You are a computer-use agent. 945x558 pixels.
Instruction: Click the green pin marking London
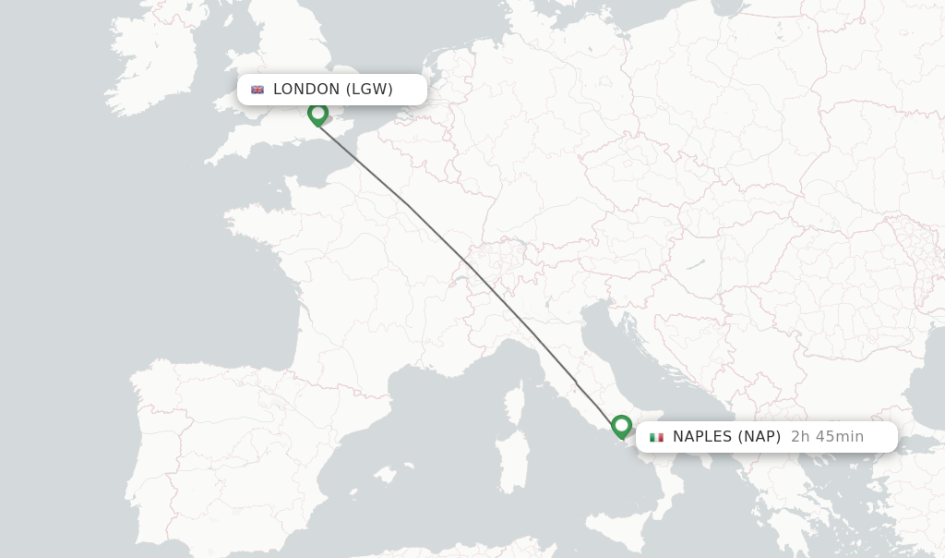[317, 114]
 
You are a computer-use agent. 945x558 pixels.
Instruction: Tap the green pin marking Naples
[621, 426]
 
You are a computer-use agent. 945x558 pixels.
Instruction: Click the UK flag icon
[257, 90]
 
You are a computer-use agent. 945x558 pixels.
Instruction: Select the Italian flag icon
[656, 437]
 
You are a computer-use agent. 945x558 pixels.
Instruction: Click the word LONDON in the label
[306, 90]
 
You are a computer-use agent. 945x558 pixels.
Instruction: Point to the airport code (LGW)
[369, 90]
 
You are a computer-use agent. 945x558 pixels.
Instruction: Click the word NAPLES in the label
[706, 437]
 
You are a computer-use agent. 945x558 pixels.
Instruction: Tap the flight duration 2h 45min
[827, 437]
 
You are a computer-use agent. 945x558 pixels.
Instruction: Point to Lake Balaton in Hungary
[695, 265]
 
